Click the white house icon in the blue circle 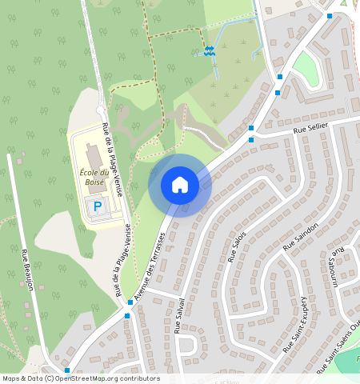coord(180,186)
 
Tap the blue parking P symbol coord(98,206)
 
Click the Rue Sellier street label coord(311,128)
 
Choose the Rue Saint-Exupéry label coord(301,324)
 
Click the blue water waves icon coord(209,51)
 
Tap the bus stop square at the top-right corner coord(330,15)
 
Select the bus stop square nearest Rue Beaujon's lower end coord(67,370)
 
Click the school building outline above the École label coord(90,153)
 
